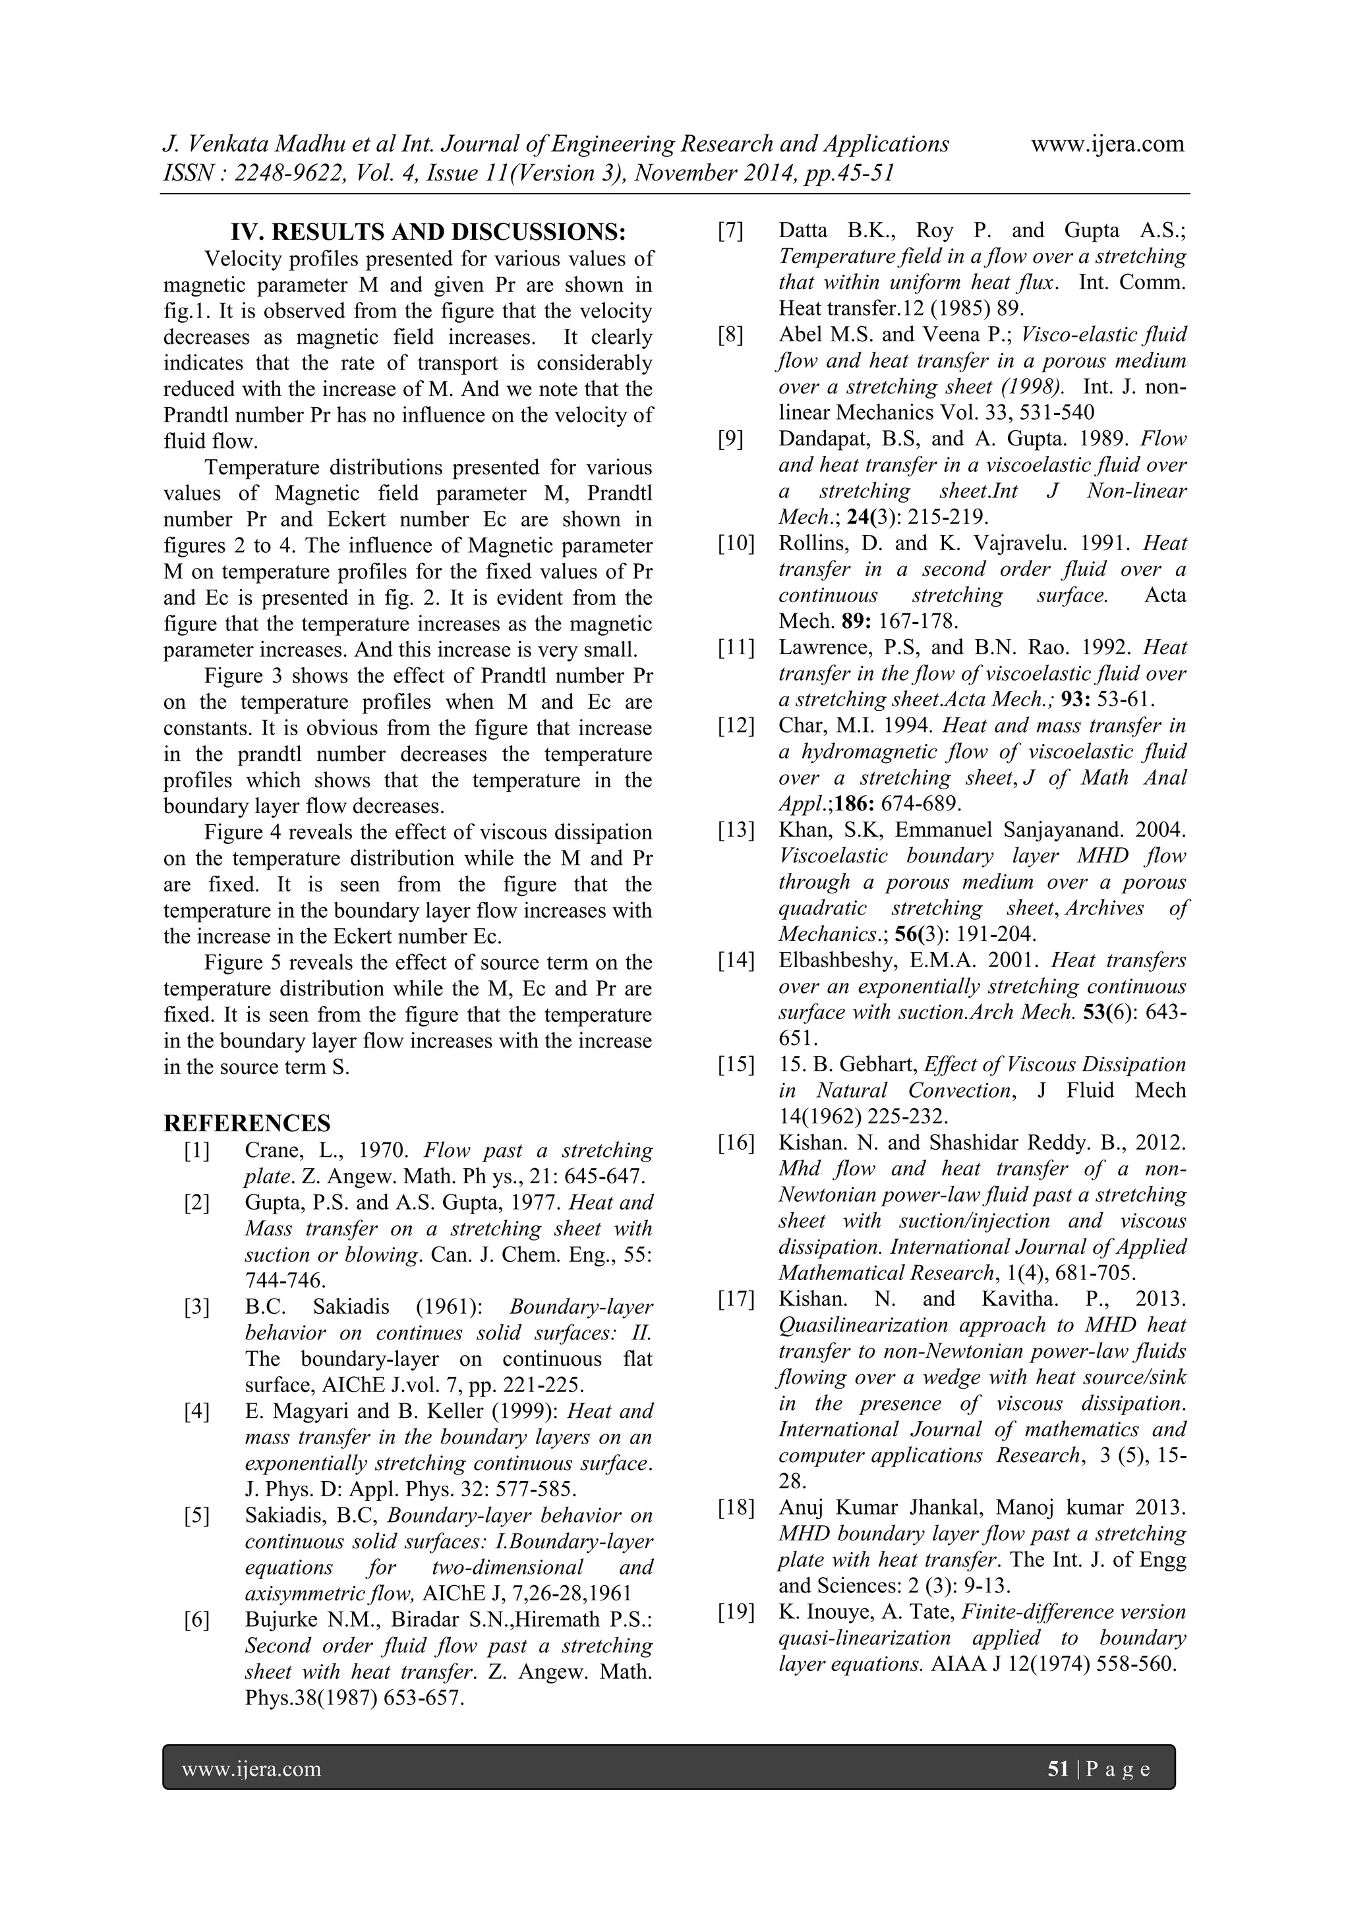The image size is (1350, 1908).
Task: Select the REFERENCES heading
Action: (247, 1123)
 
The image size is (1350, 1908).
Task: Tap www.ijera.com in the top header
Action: (1107, 144)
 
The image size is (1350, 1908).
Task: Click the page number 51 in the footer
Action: (1057, 1769)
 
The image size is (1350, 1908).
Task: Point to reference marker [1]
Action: (197, 1151)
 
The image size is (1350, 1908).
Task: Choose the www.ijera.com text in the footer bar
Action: (251, 1769)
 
